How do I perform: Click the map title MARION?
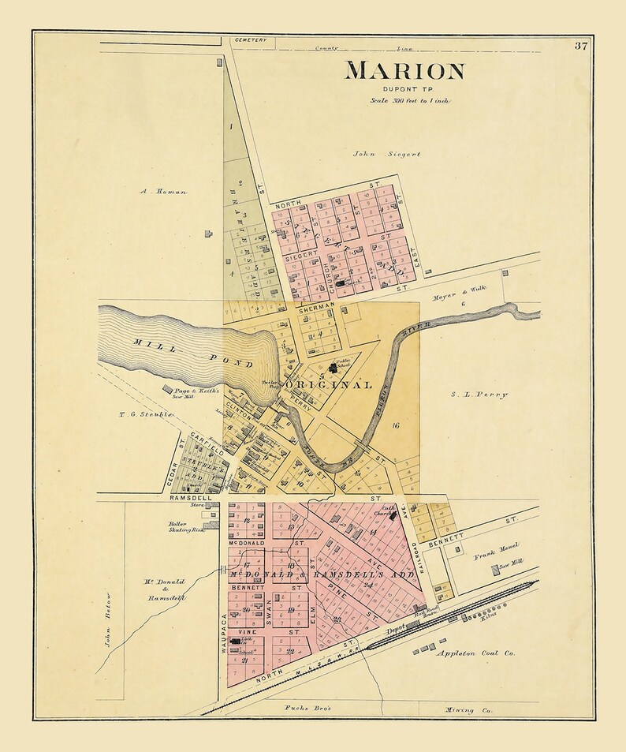click(404, 70)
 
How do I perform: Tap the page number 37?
click(580, 45)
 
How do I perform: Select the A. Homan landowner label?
click(163, 191)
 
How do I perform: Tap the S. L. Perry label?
click(480, 394)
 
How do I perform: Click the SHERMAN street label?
click(317, 305)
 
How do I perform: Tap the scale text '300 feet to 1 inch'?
click(410, 101)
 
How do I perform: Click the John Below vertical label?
click(108, 620)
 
